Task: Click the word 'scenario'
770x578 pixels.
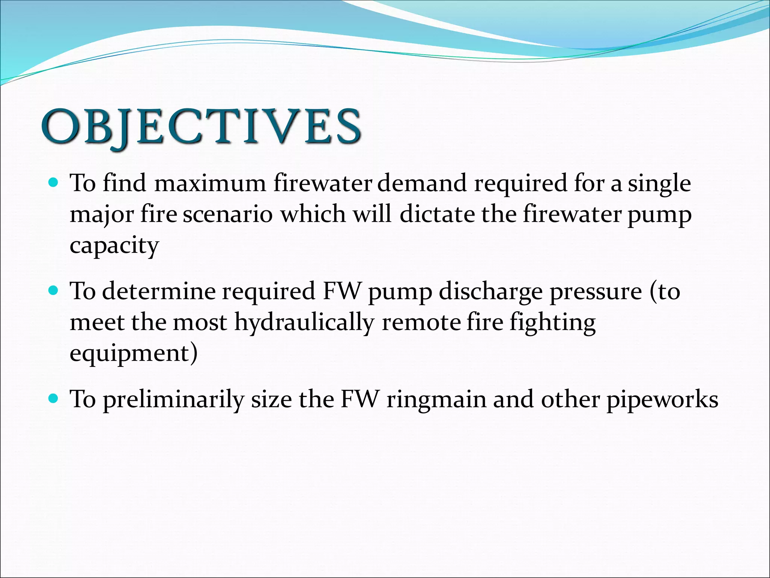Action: pos(227,214)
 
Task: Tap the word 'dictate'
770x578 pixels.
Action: pos(437,214)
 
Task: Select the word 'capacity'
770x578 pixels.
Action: pos(114,246)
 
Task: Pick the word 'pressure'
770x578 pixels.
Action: pos(596,292)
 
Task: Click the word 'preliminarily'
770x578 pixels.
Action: pos(173,400)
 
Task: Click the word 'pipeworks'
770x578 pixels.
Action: pos(662,400)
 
